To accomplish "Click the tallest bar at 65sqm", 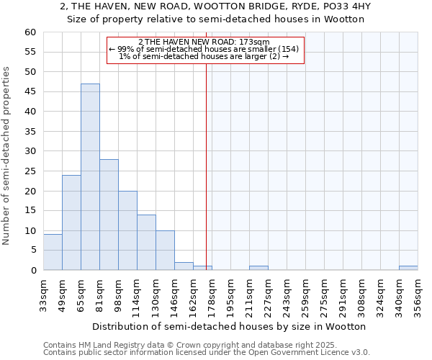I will point(90,177).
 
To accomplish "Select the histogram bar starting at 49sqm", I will point(71,222).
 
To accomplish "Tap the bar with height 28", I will point(109,215).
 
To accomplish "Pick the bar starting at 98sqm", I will point(127,230).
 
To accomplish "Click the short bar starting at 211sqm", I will point(258,268).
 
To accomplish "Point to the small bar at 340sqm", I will point(408,268).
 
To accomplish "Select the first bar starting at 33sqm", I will point(53,252).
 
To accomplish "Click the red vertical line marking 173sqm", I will point(207,158).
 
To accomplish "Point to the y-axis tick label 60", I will point(30,32).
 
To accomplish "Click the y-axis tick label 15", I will point(30,211).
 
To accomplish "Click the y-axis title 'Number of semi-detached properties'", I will point(6,156).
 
